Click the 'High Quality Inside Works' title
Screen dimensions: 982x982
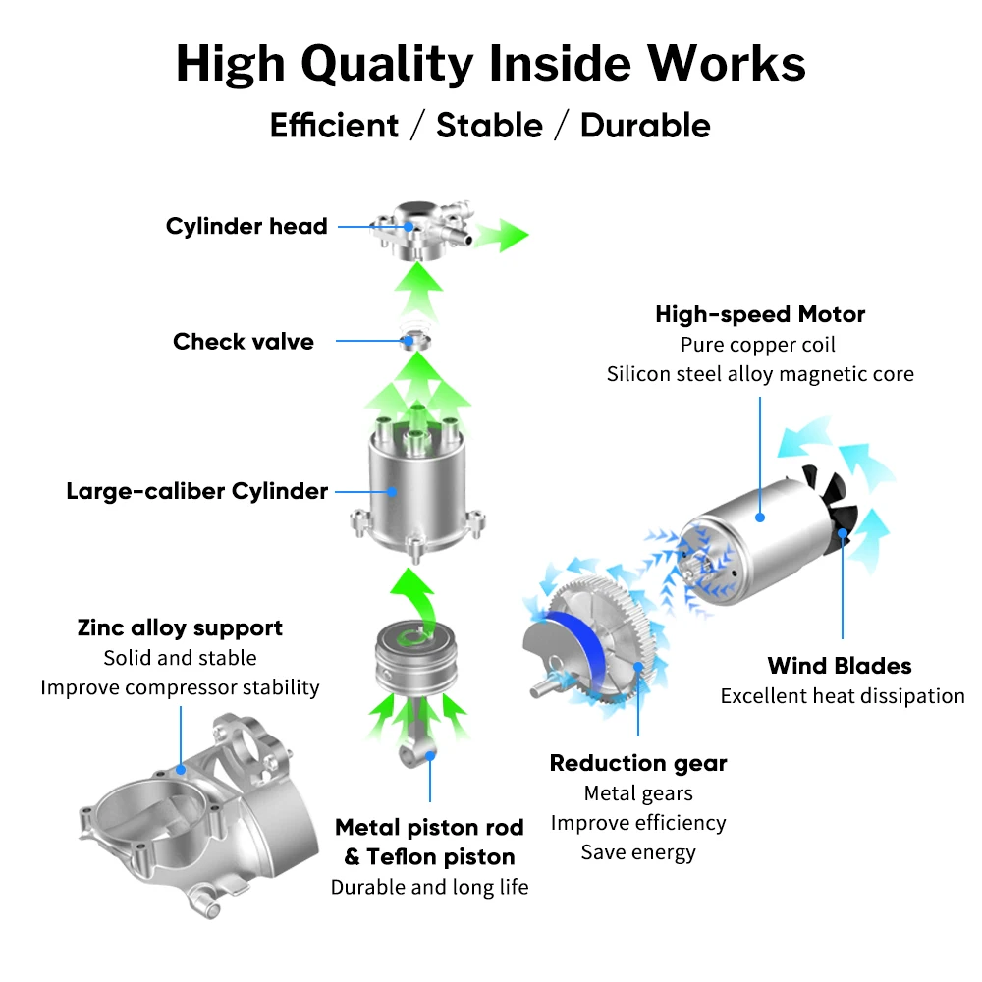pos(490,64)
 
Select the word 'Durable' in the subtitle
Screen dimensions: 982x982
pos(645,126)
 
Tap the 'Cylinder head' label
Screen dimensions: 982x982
pos(245,226)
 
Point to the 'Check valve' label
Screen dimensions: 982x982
pos(244,342)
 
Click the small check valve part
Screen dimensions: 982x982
pos(417,341)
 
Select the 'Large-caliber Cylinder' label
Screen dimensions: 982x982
pos(196,491)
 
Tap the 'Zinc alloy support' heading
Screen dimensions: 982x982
pos(180,628)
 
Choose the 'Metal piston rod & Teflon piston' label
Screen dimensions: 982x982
pos(429,843)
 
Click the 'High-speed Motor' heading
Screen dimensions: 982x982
pos(760,315)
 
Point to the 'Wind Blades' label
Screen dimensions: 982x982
pos(840,666)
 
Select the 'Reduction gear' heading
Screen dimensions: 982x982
pos(638,763)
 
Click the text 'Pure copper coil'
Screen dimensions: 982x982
pos(758,345)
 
